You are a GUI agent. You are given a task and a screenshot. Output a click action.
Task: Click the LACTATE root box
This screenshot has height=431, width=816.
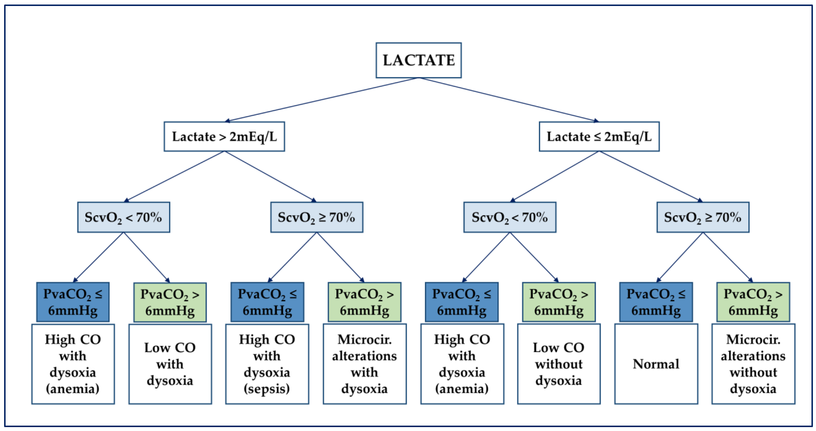pos(418,60)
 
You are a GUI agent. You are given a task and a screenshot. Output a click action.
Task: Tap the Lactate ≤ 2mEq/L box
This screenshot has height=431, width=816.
pos(599,137)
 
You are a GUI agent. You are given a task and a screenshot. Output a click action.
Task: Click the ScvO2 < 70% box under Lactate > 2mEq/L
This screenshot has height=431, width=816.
pos(124,217)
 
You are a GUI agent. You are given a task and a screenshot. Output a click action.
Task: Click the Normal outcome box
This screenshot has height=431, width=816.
pos(656,364)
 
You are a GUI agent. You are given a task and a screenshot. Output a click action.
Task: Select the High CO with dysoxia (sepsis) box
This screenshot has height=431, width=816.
pos(267,364)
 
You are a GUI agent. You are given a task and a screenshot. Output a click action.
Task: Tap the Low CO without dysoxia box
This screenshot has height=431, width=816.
pos(559,364)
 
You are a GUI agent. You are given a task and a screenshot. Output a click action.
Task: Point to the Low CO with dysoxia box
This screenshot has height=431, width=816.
pos(170,364)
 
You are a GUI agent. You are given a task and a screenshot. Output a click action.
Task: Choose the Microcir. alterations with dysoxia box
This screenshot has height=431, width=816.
pos(365,364)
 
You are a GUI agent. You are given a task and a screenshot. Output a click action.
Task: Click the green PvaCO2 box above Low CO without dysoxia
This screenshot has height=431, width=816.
pos(559,302)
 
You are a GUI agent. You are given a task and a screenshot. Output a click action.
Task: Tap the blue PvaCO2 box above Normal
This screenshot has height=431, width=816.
pos(656,302)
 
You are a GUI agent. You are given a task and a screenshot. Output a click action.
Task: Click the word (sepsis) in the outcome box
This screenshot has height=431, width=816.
pos(267,389)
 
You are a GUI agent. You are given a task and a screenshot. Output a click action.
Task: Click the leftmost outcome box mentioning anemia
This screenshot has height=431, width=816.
pos(73,364)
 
